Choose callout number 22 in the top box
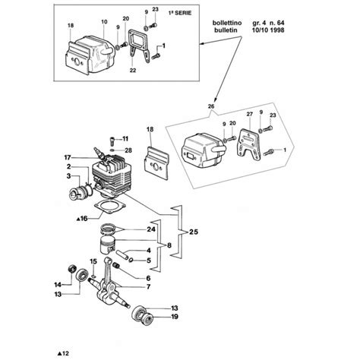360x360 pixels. (134, 71)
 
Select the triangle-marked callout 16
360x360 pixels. (83, 218)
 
